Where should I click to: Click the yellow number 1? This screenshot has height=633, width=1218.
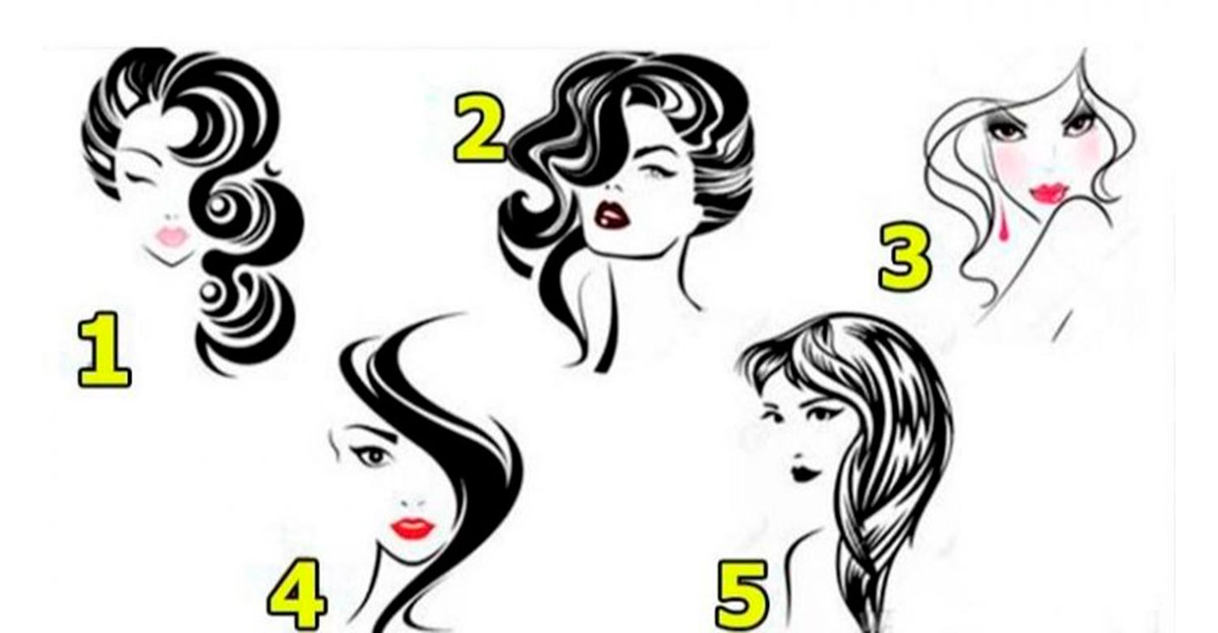click(105, 351)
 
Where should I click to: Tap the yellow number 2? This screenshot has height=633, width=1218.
click(480, 128)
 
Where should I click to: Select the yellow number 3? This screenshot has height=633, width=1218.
click(905, 257)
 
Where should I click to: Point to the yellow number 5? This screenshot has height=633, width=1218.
click(743, 596)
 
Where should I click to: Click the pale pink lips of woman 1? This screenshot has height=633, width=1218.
click(172, 236)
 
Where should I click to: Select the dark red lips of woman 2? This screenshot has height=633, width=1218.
click(612, 216)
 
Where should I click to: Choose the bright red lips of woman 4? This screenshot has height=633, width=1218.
click(412, 528)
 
